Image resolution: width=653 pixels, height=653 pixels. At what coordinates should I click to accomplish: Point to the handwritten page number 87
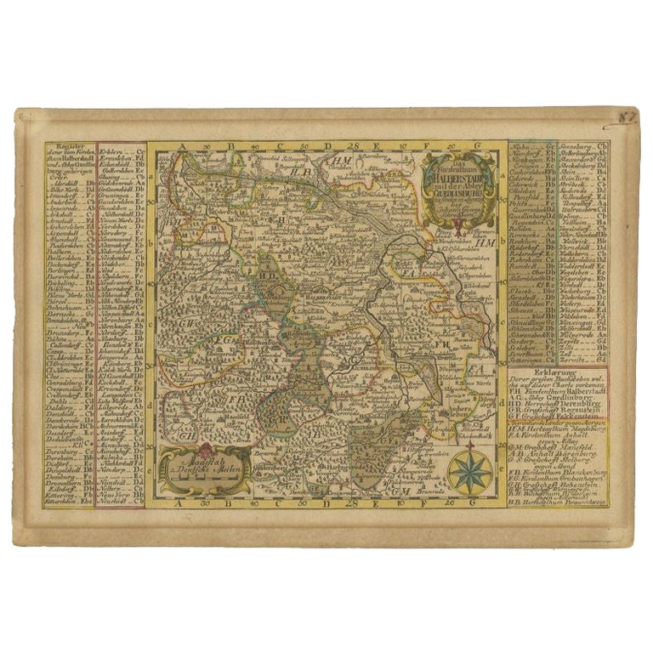[627, 116]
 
